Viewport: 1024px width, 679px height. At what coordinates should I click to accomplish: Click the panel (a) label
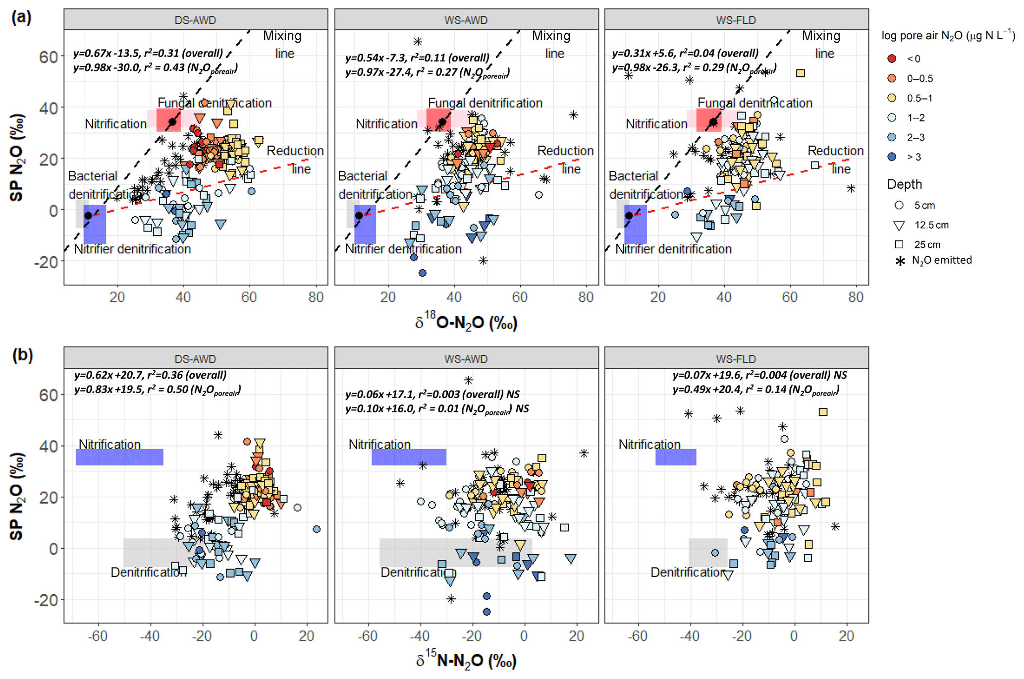click(x=21, y=17)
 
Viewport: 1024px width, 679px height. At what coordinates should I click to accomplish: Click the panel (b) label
click(x=22, y=355)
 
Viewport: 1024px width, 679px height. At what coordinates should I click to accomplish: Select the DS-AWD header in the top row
click(x=195, y=20)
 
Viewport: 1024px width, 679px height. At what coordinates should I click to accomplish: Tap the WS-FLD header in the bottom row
click(x=736, y=359)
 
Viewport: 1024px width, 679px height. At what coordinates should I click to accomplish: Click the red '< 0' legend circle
click(x=892, y=58)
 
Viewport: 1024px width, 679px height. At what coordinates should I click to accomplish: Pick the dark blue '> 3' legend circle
click(x=892, y=157)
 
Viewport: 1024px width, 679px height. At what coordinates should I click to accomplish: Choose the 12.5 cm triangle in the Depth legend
click(x=899, y=226)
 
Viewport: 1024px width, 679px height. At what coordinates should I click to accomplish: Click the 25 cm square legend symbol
click(x=899, y=244)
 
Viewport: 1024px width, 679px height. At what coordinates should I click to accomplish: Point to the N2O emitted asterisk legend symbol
click(x=900, y=261)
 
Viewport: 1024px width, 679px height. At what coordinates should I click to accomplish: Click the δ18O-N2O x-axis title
click(x=466, y=323)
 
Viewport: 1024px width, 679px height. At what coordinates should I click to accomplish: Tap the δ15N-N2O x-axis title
click(x=466, y=661)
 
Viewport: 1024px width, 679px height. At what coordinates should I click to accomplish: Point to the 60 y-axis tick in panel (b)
click(x=49, y=395)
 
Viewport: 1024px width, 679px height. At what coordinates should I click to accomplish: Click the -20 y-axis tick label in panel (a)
click(x=46, y=262)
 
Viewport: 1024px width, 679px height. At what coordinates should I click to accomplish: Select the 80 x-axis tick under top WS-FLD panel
click(x=856, y=297)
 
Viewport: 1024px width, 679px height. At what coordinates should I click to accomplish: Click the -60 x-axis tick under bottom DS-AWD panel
click(x=98, y=635)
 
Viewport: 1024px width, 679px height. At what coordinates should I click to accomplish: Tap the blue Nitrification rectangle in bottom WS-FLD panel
click(x=676, y=457)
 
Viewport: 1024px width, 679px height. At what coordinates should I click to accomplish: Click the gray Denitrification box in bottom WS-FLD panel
click(x=708, y=552)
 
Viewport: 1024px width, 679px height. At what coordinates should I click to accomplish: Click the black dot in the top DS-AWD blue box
click(x=88, y=216)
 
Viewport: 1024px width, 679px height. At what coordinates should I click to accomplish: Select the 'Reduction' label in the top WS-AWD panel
click(x=565, y=151)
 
